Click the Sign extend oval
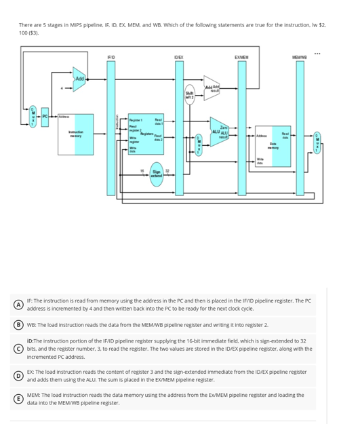tap(157, 174)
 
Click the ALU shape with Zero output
tap(219, 130)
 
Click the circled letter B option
tap(22, 325)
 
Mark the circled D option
tap(22, 375)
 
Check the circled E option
tap(22, 398)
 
